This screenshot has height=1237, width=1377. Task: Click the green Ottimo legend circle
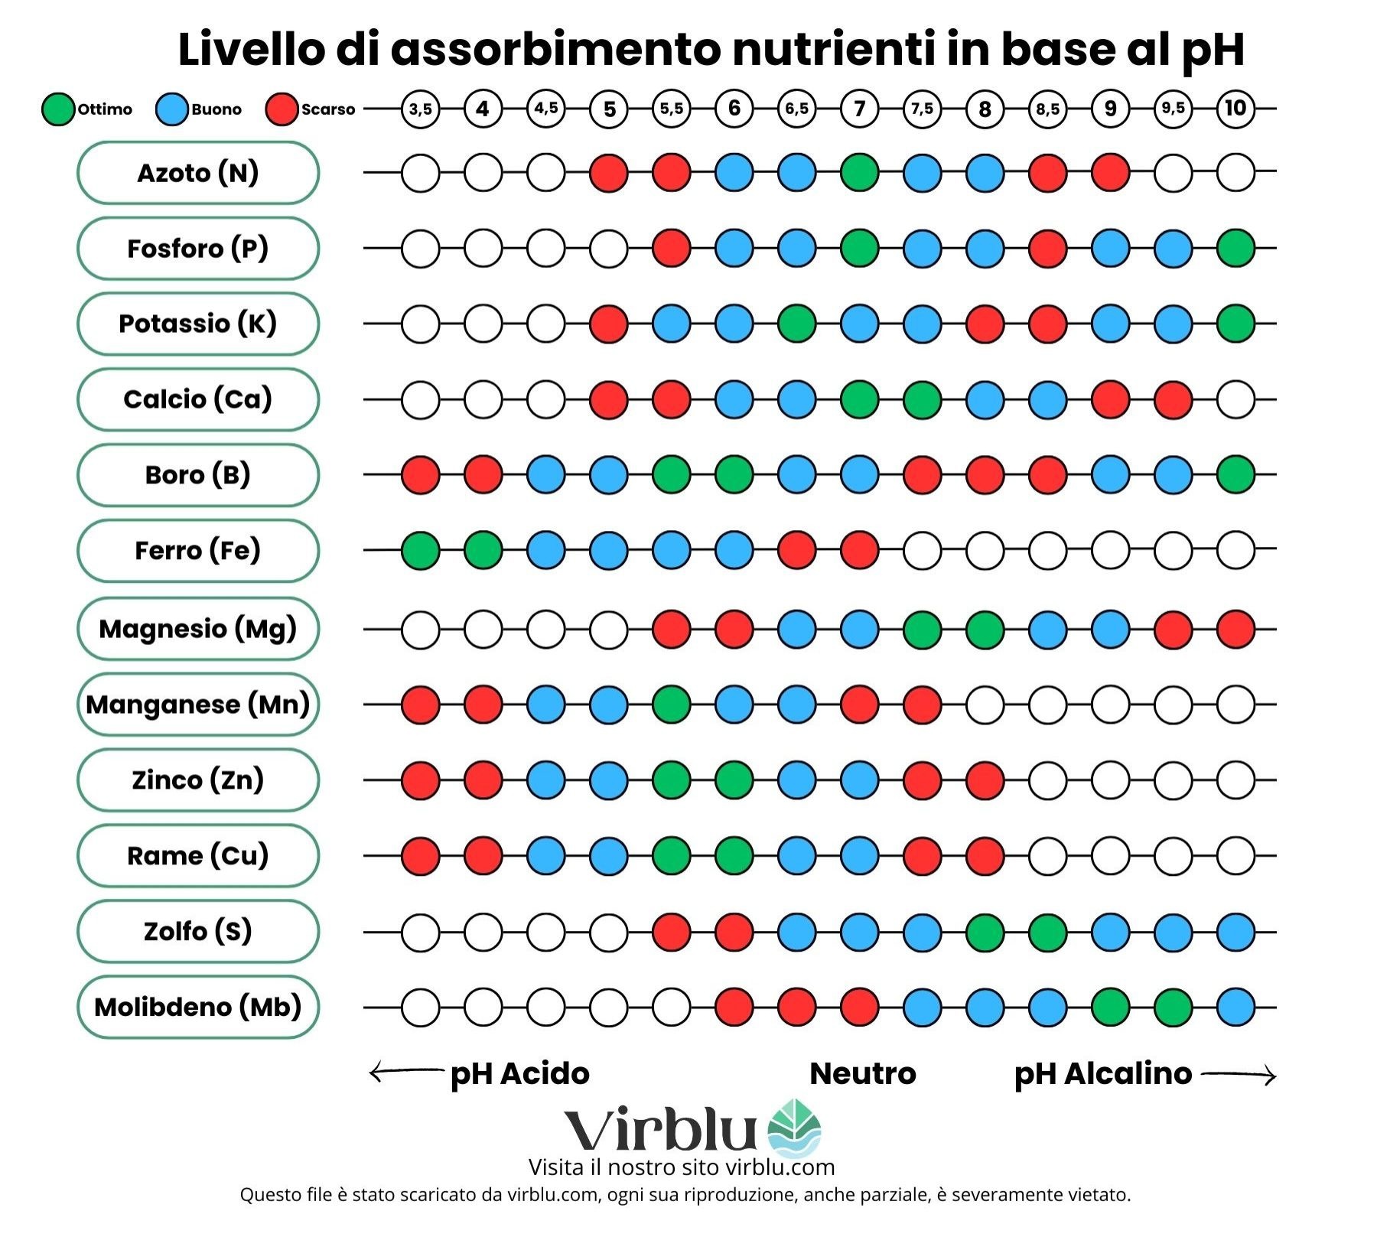tap(58, 109)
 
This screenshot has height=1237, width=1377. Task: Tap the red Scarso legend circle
tap(282, 109)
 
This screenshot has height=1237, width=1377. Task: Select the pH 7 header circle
tap(859, 109)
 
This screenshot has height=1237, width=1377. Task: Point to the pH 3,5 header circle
tap(421, 109)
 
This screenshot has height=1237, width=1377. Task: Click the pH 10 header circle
tap(1235, 109)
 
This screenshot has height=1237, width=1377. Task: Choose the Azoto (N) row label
tap(198, 173)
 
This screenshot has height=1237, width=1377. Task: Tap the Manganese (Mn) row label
tap(198, 705)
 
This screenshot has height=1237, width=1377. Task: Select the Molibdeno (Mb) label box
tap(198, 1007)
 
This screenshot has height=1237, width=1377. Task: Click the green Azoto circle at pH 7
tap(859, 173)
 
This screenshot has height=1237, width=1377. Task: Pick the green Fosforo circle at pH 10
tap(1235, 248)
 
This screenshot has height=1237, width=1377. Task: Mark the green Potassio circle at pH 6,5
tap(796, 324)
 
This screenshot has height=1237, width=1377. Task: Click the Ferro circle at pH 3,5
tap(421, 550)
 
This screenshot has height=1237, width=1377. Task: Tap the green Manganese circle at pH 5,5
tap(672, 705)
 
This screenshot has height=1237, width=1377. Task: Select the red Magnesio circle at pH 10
tap(1235, 629)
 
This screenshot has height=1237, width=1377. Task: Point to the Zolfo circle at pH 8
tap(985, 932)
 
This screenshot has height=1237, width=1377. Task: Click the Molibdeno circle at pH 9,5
tap(1173, 1007)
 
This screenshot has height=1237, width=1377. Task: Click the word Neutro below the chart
tap(863, 1074)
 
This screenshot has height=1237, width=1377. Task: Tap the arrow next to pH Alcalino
tap(1239, 1075)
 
